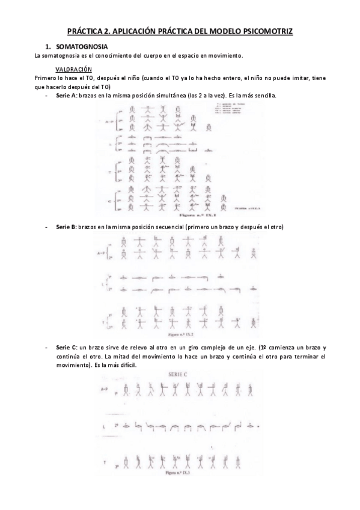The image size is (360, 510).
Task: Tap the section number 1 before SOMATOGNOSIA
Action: coord(47,46)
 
